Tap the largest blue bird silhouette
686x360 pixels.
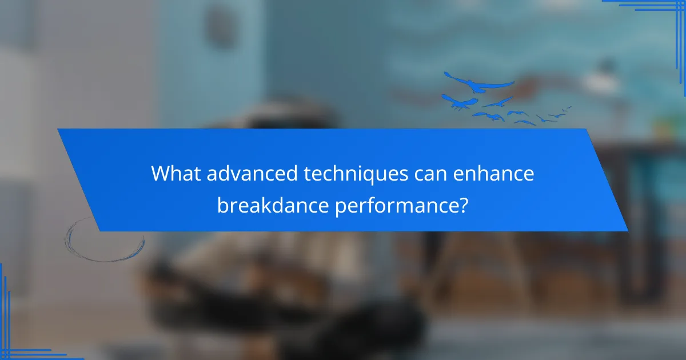click(x=477, y=85)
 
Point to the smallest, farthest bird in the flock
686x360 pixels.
click(x=568, y=107)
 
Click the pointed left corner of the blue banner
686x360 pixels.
click(x=58, y=130)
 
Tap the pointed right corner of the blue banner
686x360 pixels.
click(x=627, y=230)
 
